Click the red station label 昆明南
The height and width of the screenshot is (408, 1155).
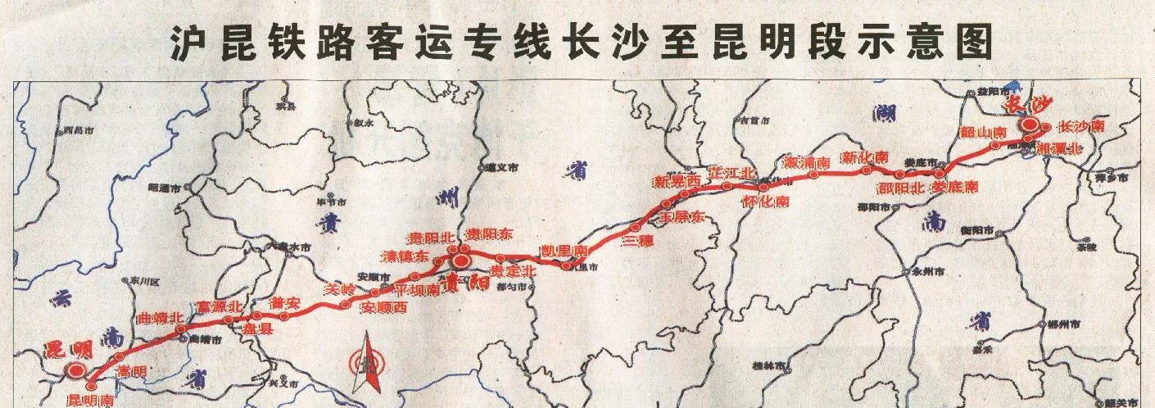90,401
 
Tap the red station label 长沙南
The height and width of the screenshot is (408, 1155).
1081,126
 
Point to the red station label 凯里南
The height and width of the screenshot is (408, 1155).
564,250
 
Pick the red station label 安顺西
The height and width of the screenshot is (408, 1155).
383,308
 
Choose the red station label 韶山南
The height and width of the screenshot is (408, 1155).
982,132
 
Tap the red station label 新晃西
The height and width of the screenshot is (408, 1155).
677,180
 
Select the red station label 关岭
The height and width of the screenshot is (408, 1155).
340,288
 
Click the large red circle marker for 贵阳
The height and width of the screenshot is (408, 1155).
460,262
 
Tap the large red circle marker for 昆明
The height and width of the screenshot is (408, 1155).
75,371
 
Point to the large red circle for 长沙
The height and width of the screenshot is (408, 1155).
1029,125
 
